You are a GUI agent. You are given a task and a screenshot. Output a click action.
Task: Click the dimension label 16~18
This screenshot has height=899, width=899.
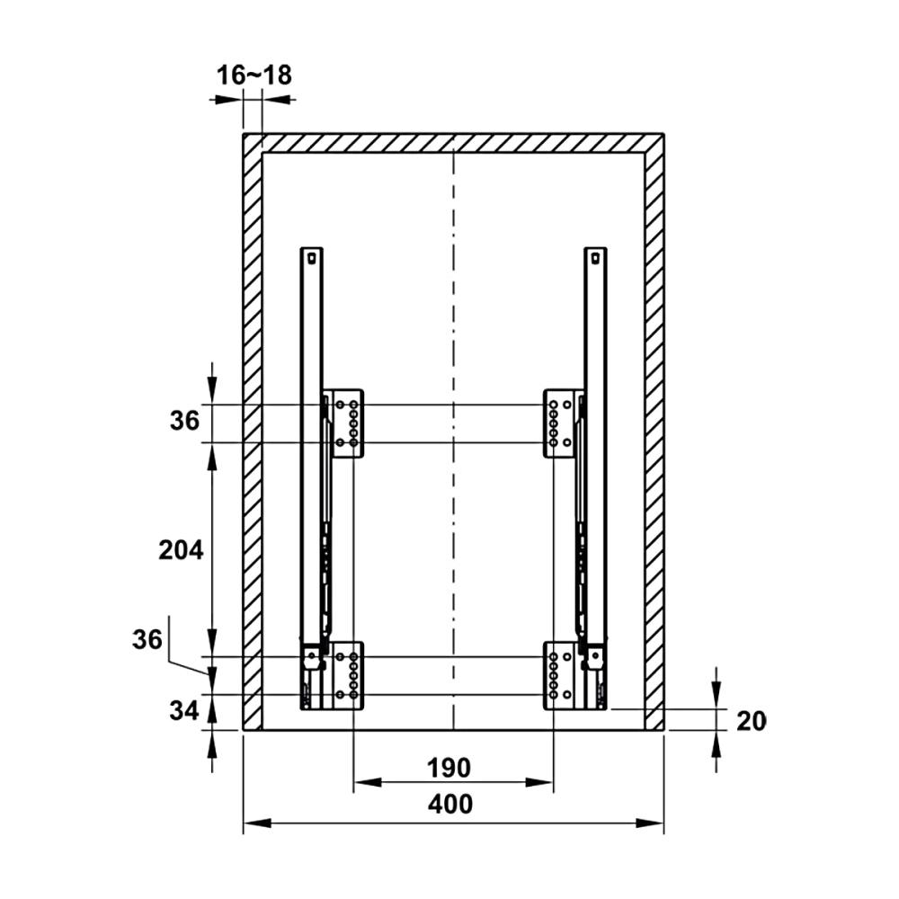[254, 76]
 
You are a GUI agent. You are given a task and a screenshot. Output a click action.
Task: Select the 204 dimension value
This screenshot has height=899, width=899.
[182, 550]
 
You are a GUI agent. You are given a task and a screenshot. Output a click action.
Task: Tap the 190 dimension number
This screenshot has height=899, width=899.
[449, 768]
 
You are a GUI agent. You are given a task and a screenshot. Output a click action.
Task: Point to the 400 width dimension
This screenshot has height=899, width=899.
[450, 804]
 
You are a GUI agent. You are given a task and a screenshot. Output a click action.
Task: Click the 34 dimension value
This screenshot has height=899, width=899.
[184, 711]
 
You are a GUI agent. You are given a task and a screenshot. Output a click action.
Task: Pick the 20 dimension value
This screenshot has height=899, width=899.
[751, 721]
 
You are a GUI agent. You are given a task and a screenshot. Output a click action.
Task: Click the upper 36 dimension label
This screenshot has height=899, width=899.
[184, 421]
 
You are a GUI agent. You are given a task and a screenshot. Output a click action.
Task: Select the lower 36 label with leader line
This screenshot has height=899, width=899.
[147, 639]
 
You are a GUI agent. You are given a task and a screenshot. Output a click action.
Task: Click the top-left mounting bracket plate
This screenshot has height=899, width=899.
[347, 423]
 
